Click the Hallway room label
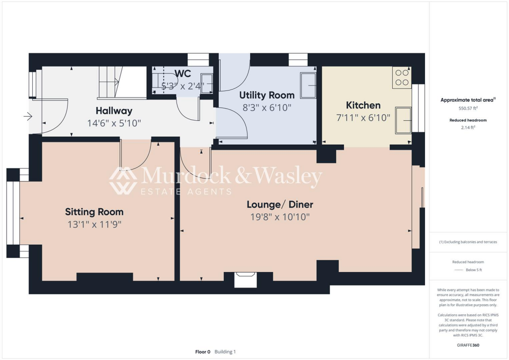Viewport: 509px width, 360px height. (x=114, y=110)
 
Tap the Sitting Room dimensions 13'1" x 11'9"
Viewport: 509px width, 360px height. (x=94, y=224)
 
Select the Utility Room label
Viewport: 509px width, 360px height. (x=267, y=95)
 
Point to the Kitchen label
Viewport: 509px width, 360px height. (x=363, y=105)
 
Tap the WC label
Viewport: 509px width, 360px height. (x=182, y=74)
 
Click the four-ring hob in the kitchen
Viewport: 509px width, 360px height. (x=402, y=77)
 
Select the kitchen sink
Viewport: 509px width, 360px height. (x=403, y=120)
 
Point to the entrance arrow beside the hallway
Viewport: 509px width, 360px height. (x=27, y=117)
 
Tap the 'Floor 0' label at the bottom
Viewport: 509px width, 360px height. (x=203, y=352)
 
